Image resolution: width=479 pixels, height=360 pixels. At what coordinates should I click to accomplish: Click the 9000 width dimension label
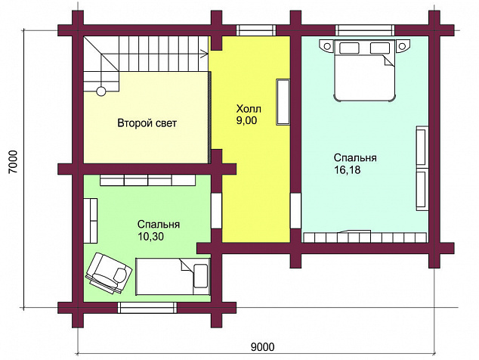tap(262, 347)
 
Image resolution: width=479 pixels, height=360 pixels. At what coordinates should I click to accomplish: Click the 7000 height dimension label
tap(14, 162)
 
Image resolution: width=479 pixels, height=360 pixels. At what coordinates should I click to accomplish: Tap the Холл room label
tap(249, 109)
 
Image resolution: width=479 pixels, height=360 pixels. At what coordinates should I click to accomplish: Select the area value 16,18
tap(347, 169)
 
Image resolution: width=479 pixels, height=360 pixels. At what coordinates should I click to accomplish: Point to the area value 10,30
tap(150, 236)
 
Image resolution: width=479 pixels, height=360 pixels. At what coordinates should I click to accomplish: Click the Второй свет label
tap(147, 123)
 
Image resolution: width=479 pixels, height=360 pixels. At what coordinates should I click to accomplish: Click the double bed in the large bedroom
tap(364, 70)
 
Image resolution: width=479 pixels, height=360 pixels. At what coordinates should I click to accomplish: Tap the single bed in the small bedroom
tap(173, 277)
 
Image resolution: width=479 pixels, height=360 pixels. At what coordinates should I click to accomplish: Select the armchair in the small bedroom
tap(109, 273)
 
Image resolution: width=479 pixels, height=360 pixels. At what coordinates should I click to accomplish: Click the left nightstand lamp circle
tap(327, 46)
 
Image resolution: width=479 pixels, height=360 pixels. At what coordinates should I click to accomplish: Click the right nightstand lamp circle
tap(401, 46)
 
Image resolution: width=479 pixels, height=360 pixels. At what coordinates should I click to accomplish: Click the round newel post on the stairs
tap(101, 92)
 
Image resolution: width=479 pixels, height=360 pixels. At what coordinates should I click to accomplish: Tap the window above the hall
tap(256, 30)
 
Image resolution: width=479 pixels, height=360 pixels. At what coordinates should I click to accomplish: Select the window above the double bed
tap(365, 30)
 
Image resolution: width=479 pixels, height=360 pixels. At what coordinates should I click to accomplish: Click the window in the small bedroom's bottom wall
tap(147, 308)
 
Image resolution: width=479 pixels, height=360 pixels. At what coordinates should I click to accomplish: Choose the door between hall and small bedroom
tap(217, 210)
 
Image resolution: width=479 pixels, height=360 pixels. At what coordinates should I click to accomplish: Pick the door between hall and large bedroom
tap(295, 210)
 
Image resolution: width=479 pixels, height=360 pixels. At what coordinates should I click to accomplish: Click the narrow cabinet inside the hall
tap(283, 102)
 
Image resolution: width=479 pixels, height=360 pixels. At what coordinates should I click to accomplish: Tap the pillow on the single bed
tap(200, 276)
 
